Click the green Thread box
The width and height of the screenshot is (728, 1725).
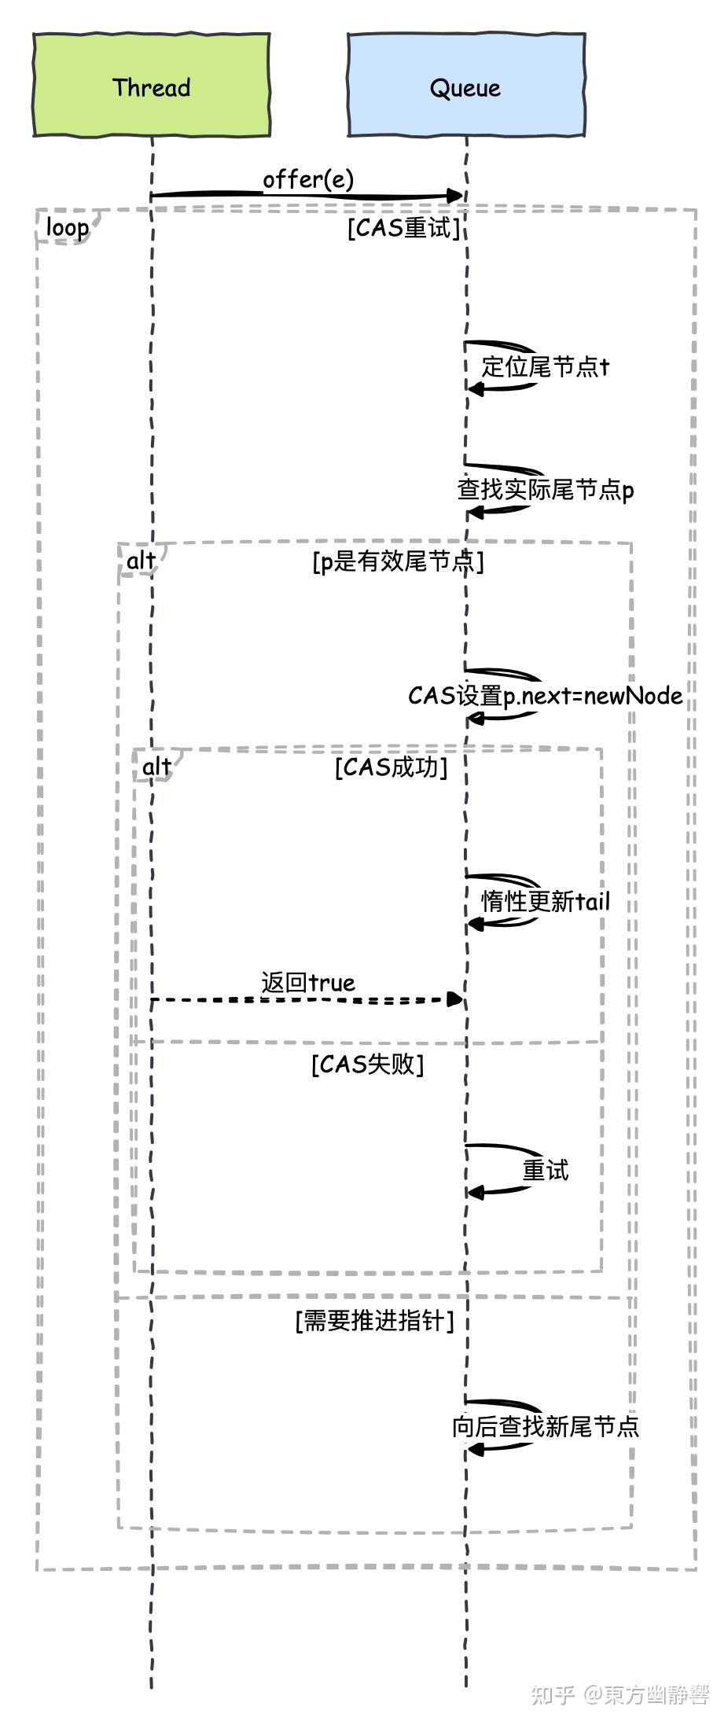click(151, 86)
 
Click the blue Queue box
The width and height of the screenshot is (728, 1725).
click(465, 86)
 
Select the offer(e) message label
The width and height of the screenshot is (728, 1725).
click(308, 179)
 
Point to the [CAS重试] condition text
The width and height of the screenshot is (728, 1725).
click(403, 228)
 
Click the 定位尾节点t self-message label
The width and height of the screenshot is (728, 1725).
click(545, 366)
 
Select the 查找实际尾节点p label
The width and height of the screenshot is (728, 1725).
click(546, 490)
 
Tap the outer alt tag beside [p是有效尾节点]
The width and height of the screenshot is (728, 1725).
click(142, 561)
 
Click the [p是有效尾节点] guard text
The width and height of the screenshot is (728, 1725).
click(398, 561)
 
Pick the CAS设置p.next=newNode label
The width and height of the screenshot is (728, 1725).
click(545, 696)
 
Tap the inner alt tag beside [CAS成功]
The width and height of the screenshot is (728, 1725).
click(156, 767)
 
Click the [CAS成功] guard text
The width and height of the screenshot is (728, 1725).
click(391, 767)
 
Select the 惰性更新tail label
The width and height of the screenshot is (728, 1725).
click(545, 901)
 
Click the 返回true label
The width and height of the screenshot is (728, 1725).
click(308, 982)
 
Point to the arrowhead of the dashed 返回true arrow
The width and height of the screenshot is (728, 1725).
click(454, 999)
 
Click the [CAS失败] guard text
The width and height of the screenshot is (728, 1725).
click(367, 1065)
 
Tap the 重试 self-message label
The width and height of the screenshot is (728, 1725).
click(545, 1170)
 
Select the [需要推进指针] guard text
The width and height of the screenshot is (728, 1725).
click(374, 1321)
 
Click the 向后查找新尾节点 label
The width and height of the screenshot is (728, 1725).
click(545, 1426)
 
